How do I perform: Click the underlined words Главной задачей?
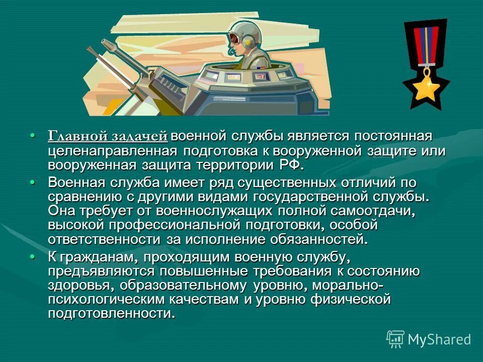click(107, 137)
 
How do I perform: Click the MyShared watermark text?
click(439, 339)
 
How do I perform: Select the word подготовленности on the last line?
click(111, 314)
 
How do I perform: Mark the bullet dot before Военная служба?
click(33, 182)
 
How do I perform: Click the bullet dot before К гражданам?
click(33, 257)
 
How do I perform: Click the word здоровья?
click(76, 286)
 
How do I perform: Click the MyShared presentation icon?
click(395, 339)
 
